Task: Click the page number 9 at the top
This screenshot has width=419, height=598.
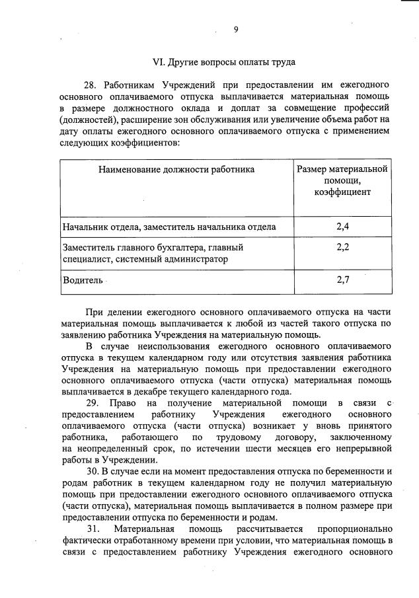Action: [x=235, y=29]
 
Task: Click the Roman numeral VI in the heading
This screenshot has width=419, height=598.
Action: [x=158, y=62]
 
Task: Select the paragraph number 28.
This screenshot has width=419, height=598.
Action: [x=91, y=85]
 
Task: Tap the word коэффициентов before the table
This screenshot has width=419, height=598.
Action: [x=144, y=141]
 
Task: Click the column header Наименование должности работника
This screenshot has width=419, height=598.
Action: [x=176, y=169]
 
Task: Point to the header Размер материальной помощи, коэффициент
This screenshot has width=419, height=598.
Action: [x=342, y=180]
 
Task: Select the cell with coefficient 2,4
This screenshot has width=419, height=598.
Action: [x=342, y=227]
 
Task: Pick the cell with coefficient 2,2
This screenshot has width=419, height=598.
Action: [x=342, y=247]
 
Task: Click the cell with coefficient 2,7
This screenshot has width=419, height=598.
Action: [x=342, y=280]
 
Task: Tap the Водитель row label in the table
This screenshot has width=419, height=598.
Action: [x=83, y=280]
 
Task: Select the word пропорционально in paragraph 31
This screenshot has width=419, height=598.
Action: [x=355, y=529]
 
